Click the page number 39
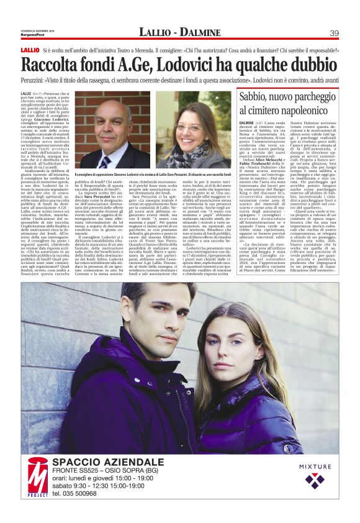333,32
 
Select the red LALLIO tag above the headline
30,49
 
